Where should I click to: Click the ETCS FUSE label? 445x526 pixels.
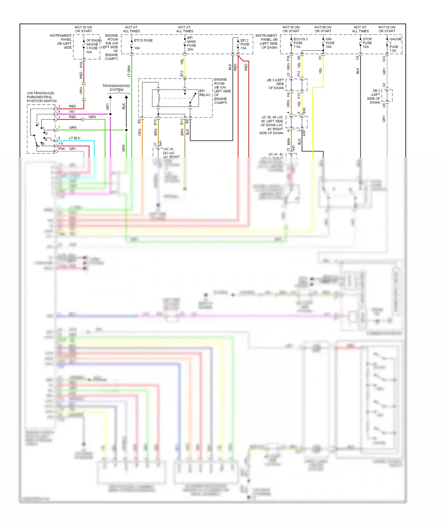point(143,41)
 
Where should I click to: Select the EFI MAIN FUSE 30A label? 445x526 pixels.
point(191,44)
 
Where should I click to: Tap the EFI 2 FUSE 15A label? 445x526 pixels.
point(244,44)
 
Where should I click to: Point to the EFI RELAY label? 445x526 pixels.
point(204,93)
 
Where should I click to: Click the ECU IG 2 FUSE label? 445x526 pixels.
point(300,41)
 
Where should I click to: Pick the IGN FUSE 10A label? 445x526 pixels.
point(330,43)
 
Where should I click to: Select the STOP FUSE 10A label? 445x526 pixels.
point(367,43)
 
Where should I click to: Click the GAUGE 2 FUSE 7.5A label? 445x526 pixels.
point(395,45)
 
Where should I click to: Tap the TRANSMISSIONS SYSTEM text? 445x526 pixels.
point(116,88)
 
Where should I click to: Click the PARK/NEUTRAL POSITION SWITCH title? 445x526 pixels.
point(41,97)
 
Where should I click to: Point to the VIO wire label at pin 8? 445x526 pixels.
point(72,112)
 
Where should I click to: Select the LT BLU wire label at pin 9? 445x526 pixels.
point(74,138)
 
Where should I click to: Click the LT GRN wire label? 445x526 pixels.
point(129,71)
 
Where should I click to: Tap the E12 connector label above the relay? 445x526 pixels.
point(182,73)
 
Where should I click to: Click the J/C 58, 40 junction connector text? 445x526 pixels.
point(272,125)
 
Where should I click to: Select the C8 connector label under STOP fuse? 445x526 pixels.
point(357,58)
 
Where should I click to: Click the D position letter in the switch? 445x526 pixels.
point(46,134)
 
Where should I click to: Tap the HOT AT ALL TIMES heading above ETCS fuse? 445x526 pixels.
point(131,29)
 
